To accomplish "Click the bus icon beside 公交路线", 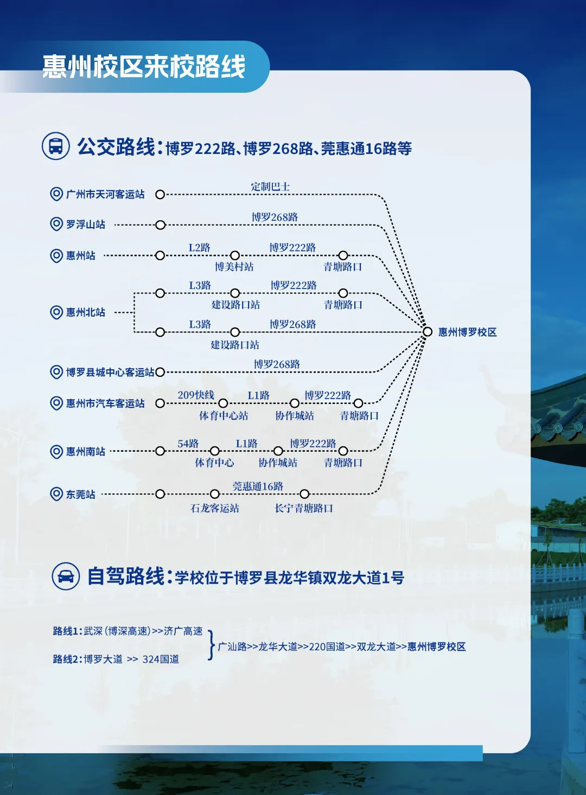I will [x=56, y=146].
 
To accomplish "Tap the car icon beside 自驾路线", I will [x=66, y=576].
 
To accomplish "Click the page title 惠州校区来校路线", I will [x=144, y=67].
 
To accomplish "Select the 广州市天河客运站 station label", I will [x=105, y=194].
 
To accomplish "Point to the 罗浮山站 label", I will [x=86, y=225].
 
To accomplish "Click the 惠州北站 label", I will [x=86, y=312].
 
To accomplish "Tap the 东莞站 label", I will [x=81, y=495].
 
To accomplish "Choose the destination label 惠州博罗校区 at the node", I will [x=467, y=332].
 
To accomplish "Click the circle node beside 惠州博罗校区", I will [x=428, y=331].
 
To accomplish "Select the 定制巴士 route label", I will [x=270, y=187].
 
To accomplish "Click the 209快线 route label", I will [x=196, y=395].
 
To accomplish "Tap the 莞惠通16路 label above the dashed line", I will [x=258, y=486].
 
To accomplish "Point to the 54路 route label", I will [x=188, y=444].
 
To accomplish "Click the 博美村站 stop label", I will [x=234, y=267].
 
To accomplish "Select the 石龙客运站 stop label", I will [x=215, y=508].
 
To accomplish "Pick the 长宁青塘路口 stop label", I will [x=303, y=508].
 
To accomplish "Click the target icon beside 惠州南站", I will [x=56, y=451].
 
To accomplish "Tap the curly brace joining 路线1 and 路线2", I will [x=211, y=645].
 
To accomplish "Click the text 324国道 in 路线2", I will [x=161, y=659].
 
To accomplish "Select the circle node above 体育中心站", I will [x=223, y=403].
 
